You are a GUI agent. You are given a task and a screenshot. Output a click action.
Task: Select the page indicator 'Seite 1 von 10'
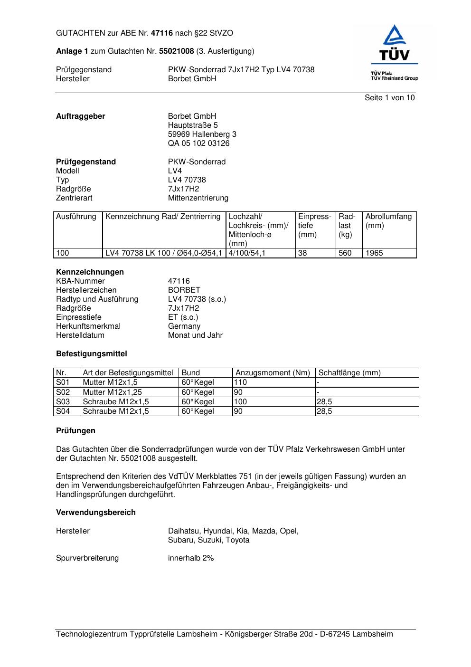389,98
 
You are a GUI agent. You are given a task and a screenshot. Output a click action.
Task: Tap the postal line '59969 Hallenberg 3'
202,134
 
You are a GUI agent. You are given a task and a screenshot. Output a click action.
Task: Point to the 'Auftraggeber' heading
80,116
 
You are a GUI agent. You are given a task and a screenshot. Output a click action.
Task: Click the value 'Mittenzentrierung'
198,198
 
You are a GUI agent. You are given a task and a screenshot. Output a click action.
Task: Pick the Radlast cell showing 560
345,253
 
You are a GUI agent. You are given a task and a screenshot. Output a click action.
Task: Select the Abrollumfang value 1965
374,253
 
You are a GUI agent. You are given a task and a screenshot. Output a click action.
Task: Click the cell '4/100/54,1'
247,253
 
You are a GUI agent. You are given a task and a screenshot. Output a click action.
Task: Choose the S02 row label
63,392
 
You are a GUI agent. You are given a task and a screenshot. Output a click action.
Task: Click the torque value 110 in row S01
240,382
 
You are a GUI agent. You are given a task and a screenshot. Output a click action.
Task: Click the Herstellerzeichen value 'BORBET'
184,290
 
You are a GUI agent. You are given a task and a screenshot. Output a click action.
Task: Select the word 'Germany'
184,326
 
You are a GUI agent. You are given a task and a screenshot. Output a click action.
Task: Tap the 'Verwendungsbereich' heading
95,513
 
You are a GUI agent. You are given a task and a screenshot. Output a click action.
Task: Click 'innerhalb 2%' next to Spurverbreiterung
191,558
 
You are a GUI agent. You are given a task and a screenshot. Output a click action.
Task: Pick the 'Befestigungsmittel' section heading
91,354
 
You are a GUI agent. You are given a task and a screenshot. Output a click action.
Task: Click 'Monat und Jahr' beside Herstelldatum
195,335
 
